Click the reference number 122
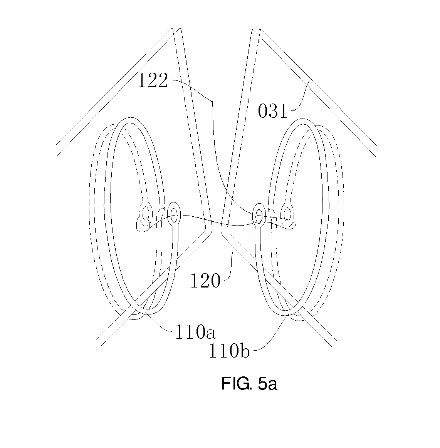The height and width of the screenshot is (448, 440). [x=153, y=80]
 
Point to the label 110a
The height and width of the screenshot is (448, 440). [x=195, y=332]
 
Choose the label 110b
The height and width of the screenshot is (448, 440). [x=229, y=351]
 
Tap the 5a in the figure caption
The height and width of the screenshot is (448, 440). [x=267, y=384]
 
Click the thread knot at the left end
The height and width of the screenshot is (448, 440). [x=143, y=224]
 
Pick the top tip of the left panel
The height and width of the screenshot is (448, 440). [x=176, y=28]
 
